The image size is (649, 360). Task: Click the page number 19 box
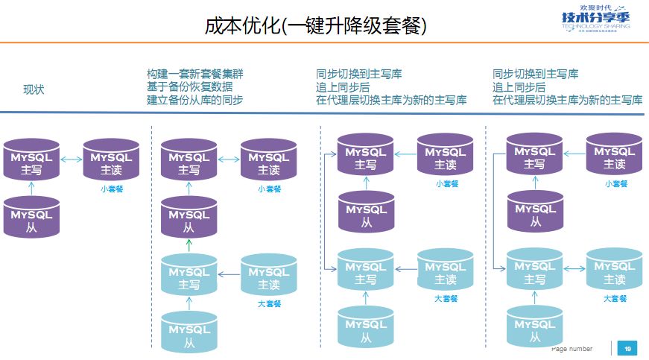coord(627,349)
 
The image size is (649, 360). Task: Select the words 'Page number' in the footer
coord(572,349)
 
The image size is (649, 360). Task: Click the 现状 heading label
coord(34,89)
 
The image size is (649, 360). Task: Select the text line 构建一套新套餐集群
coord(194,74)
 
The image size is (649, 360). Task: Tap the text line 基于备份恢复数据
coord(189,86)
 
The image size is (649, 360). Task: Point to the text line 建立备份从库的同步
coord(194,99)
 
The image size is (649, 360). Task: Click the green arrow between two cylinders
coord(189,245)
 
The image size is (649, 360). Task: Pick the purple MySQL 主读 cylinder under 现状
coord(111,160)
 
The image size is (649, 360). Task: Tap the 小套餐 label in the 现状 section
coord(112,189)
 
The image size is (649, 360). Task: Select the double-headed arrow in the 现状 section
coord(72,159)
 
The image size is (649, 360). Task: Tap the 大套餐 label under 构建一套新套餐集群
coord(269,303)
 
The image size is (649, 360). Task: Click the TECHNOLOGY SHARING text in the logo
coord(596,25)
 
